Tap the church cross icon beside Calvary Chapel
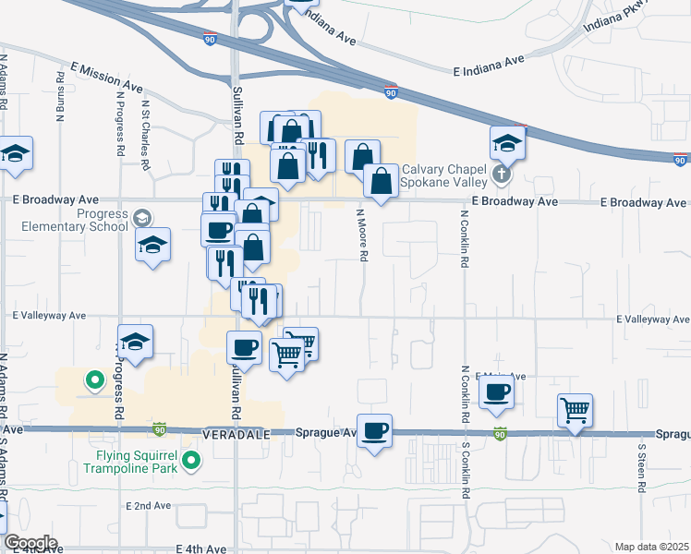(501, 174)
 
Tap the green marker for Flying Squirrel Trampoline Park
(191, 460)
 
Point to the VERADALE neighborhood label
(235, 432)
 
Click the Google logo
(30, 543)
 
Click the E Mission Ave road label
(107, 78)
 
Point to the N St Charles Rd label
(145, 134)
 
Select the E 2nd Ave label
(149, 506)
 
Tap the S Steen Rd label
(642, 468)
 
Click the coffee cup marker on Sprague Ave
(374, 430)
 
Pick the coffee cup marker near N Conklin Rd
(496, 392)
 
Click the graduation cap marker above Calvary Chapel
(507, 142)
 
